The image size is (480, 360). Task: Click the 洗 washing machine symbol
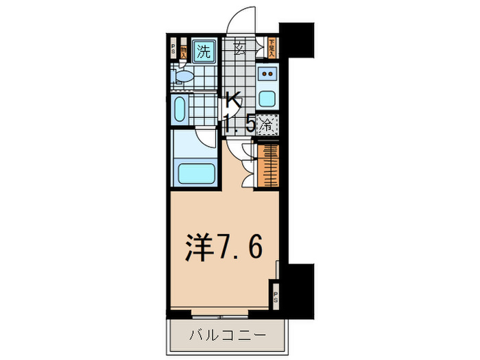204,50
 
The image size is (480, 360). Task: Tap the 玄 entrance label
241,47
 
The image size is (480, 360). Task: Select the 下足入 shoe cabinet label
272,49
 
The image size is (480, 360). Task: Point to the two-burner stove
268,74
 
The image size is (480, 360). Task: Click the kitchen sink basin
268,97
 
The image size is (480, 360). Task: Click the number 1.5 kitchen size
240,125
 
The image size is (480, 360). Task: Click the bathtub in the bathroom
197,171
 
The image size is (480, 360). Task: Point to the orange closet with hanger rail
269,165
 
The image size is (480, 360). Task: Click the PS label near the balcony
276,298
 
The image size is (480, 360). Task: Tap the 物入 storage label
184,50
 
